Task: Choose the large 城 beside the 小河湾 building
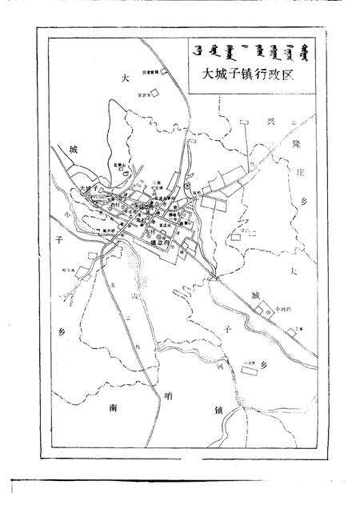pyautogui.click(x=255, y=297)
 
